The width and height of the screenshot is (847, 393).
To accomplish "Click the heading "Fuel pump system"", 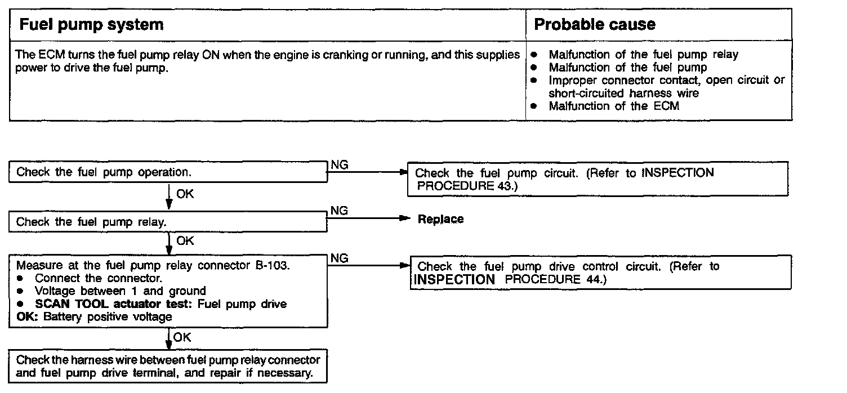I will coord(92,25).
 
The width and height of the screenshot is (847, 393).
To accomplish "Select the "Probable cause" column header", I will coord(595,25).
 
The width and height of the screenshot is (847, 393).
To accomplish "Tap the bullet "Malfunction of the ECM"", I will coord(614,106).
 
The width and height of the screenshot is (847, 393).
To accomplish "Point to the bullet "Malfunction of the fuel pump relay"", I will coord(643,55).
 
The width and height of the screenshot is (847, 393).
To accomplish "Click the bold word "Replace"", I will coord(441,220).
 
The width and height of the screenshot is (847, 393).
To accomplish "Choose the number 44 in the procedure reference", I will coord(592,279).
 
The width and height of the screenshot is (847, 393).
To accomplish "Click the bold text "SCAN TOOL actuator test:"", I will coord(100,304).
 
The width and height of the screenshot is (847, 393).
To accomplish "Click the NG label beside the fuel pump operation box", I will coord(340,165).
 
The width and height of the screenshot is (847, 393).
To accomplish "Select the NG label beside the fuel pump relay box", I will coord(340,211).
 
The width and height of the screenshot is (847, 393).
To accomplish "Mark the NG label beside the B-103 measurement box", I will coord(340,258).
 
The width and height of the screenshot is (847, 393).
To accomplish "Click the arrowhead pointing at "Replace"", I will coord(402,219).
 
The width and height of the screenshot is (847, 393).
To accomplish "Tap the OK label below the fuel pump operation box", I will coord(185,194).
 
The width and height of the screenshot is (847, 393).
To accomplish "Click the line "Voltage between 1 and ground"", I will coord(120,291).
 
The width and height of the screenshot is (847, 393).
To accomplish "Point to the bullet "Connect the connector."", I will coord(99,278).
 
